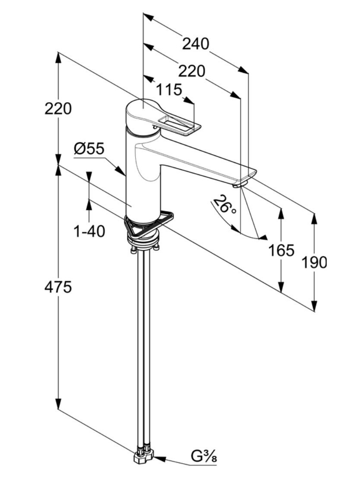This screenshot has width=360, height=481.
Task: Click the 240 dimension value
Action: tap(195, 44)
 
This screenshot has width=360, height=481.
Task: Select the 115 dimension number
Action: tap(169, 90)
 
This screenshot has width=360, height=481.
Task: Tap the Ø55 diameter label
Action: tap(89, 149)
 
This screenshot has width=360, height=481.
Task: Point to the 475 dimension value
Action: tap(58, 287)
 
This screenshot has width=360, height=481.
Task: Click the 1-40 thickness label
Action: tap(89, 232)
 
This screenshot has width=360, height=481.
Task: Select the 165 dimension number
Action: tap(281, 250)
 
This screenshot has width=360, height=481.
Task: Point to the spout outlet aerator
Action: tap(239, 185)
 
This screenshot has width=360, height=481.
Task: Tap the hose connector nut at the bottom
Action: tap(144, 458)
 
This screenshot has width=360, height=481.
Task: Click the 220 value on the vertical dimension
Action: tap(58, 109)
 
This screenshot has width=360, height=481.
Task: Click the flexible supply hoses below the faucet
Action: tap(143, 346)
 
